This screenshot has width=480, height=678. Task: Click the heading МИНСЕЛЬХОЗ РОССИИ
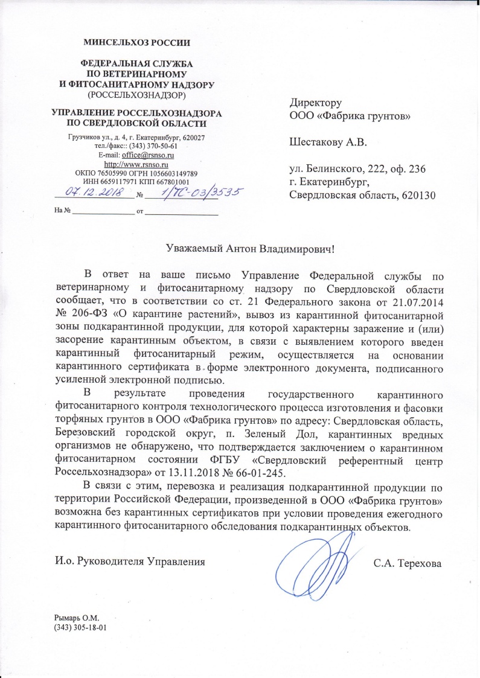136,43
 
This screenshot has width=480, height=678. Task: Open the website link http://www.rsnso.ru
136,164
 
